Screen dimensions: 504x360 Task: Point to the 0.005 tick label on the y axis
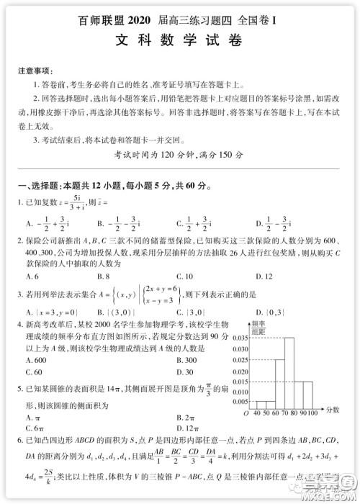pyautogui.click(x=241, y=402)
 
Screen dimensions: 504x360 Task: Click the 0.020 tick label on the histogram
pyautogui.click(x=241, y=369)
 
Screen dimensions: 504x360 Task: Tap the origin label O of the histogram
pyautogui.click(x=246, y=413)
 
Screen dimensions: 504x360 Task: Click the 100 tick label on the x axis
pyautogui.click(x=312, y=413)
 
